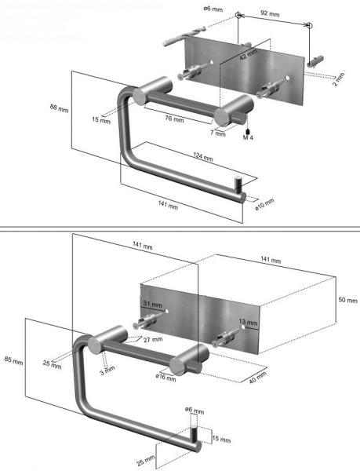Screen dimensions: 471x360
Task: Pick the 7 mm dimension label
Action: coord(217,133)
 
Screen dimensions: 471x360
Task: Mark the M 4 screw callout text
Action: coord(248,137)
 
